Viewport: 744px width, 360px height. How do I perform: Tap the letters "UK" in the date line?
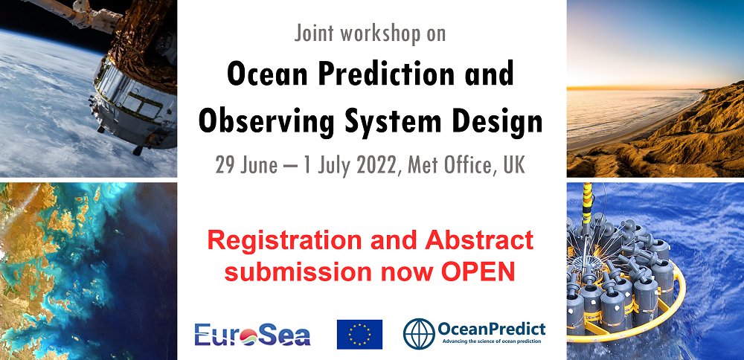[x=516, y=166]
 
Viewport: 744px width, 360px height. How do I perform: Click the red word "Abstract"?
[x=479, y=240]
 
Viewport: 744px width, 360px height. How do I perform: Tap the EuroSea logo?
[x=252, y=335]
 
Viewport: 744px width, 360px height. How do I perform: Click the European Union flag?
[x=359, y=335]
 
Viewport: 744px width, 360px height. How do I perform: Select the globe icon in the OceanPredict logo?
[x=419, y=334]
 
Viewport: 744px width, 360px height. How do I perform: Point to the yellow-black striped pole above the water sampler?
[x=587, y=203]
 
